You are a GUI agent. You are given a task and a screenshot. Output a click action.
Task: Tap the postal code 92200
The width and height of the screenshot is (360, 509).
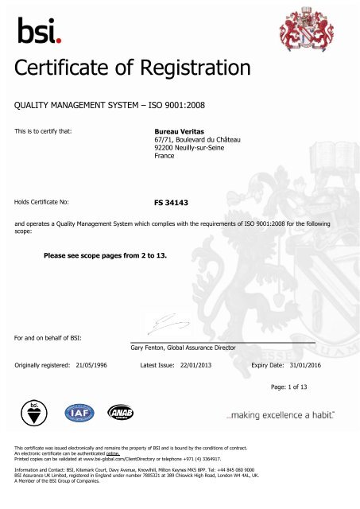164,149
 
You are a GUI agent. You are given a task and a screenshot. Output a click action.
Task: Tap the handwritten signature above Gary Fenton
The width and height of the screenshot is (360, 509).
162,323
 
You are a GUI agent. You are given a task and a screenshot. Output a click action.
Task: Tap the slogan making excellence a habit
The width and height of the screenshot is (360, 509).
279,415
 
